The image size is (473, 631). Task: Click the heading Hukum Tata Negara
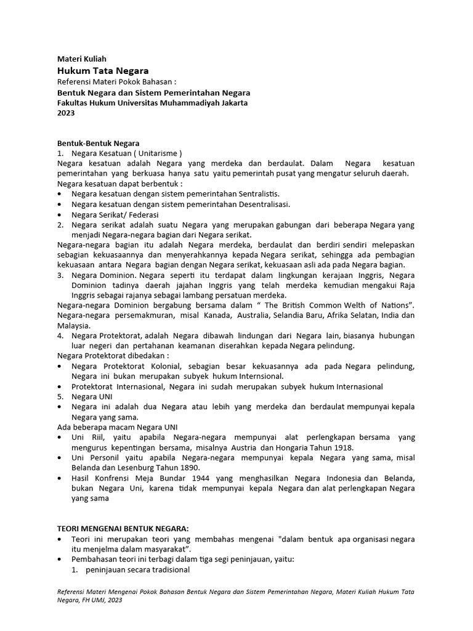coord(103,71)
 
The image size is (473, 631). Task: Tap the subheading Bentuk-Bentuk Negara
coord(99,144)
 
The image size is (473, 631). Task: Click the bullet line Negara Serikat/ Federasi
coord(115,214)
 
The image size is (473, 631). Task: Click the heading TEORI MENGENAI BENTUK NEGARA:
coord(123,529)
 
